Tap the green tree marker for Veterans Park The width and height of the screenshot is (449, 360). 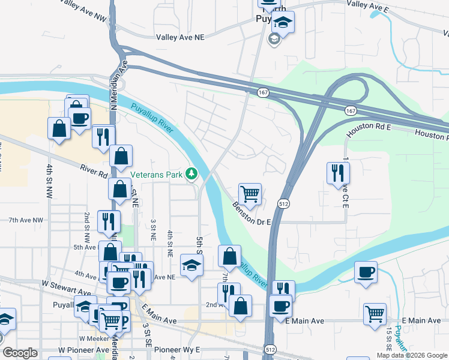click(191, 173)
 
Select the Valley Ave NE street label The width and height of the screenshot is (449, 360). click(180, 37)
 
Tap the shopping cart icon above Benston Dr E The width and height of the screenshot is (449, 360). click(250, 194)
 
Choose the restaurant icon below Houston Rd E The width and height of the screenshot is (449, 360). click(338, 173)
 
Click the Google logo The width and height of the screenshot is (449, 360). click(20, 353)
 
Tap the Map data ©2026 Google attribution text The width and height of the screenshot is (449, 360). click(412, 355)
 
